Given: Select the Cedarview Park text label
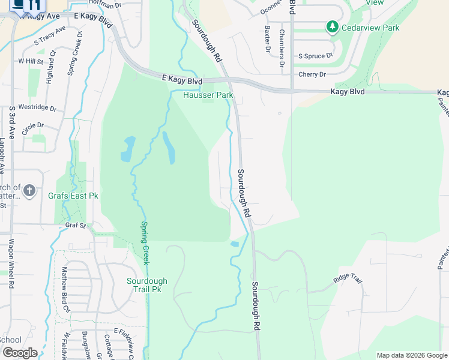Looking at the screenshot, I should click(x=370, y=28).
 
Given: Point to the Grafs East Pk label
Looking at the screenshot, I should click(x=73, y=195).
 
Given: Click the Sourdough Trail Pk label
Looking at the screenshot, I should click(x=147, y=285).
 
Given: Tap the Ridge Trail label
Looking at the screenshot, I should click(x=349, y=280).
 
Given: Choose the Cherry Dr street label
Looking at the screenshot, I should click(x=312, y=74).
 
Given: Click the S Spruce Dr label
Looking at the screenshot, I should click(x=316, y=56).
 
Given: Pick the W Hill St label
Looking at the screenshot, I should click(x=31, y=61).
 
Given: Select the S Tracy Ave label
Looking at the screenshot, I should click(x=50, y=36).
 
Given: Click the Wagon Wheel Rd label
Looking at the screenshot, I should click(x=11, y=263).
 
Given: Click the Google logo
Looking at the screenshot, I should click(x=20, y=353).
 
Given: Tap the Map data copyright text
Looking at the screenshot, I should click(x=411, y=355).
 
